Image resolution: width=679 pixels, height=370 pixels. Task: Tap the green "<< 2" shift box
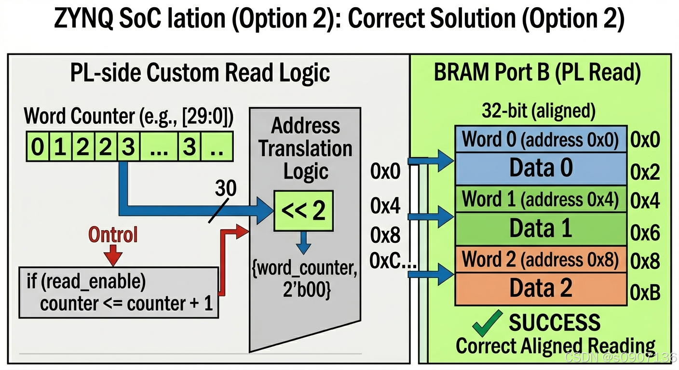(303, 211)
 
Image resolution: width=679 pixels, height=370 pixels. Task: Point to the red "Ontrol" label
(113, 235)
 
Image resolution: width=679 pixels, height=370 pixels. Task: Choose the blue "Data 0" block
(541, 168)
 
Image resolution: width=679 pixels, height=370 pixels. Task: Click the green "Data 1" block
(541, 228)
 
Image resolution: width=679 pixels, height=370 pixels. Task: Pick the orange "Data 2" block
(541, 288)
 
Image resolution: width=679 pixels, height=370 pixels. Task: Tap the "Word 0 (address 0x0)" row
(541, 140)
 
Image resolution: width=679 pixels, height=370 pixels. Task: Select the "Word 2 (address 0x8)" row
(541, 260)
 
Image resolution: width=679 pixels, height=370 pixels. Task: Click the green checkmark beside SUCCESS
(487, 324)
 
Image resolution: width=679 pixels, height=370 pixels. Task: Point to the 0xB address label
(645, 292)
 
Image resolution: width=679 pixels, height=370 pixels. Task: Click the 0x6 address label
(645, 233)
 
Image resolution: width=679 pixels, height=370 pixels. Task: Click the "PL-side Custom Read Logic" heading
(200, 73)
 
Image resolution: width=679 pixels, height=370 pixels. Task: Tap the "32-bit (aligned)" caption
(539, 111)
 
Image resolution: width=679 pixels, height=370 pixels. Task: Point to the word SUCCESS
(555, 323)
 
